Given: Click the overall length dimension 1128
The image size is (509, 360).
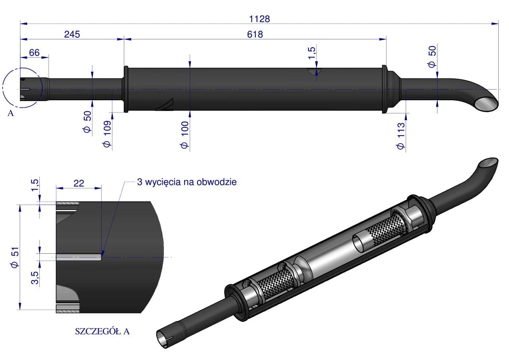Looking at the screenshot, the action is coord(260,19).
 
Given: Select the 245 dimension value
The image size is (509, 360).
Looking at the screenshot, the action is coord(72,34).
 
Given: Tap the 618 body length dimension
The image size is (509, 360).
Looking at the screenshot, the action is coord(255,34).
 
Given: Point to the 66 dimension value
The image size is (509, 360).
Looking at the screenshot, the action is coord(34,53).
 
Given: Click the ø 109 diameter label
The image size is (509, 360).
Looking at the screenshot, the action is coord(107,134).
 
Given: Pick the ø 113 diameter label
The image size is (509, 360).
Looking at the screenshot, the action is coord(401,136).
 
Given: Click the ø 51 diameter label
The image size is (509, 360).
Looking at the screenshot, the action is coord(15,257).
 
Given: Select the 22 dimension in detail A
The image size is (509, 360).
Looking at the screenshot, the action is coord(79,183).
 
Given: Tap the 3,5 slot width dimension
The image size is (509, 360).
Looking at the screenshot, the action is coord(35,278).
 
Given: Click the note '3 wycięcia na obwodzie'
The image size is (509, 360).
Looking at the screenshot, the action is coord(187,182).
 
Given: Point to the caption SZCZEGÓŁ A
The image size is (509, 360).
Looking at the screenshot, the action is coord(102,331).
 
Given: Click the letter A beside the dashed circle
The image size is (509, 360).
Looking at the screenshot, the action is coord(11,113).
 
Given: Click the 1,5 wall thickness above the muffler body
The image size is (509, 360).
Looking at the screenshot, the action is coord(311,53).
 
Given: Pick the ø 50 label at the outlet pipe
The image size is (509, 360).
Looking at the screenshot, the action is coord(432,57).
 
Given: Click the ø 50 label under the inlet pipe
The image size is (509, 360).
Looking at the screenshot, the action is coord(87,122).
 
